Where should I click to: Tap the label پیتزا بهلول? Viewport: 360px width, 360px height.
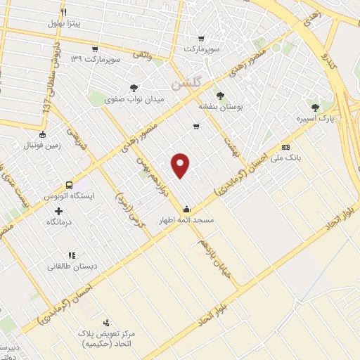(x=65, y=24)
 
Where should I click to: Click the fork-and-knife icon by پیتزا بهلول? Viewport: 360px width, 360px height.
(x=63, y=13)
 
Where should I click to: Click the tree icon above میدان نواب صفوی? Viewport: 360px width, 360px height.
(x=134, y=88)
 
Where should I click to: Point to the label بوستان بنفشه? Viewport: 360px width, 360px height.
(x=221, y=106)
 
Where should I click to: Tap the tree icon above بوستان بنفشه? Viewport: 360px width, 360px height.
(x=221, y=94)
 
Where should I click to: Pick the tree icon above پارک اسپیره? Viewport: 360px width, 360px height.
(x=314, y=108)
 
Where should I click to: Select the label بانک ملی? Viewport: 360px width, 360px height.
(x=288, y=159)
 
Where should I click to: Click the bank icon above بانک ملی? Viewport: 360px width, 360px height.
(x=285, y=147)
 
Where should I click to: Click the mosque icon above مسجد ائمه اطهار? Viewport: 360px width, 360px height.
(x=186, y=208)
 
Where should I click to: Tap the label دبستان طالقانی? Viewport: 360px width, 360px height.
(x=70, y=266)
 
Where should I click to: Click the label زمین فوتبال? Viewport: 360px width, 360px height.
(x=44, y=147)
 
